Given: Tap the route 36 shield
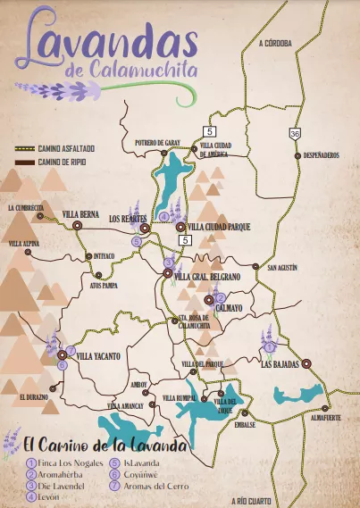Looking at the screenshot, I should [294, 133].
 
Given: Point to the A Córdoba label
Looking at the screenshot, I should [274, 42].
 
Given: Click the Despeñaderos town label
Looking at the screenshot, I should [322, 155].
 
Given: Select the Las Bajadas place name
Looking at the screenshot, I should [280, 364].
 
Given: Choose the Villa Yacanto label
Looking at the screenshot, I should [98, 355].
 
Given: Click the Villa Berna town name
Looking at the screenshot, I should [81, 215].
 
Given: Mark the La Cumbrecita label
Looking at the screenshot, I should [24, 207].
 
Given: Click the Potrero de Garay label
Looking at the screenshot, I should [158, 142].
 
